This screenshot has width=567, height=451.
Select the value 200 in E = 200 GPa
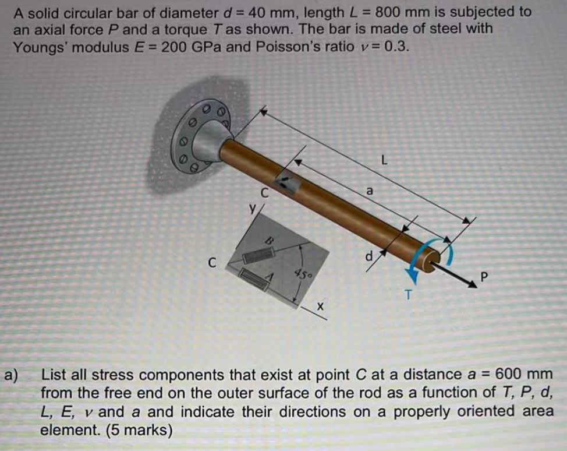[x=173, y=47]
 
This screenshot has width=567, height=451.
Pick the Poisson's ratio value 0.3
[x=399, y=47]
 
